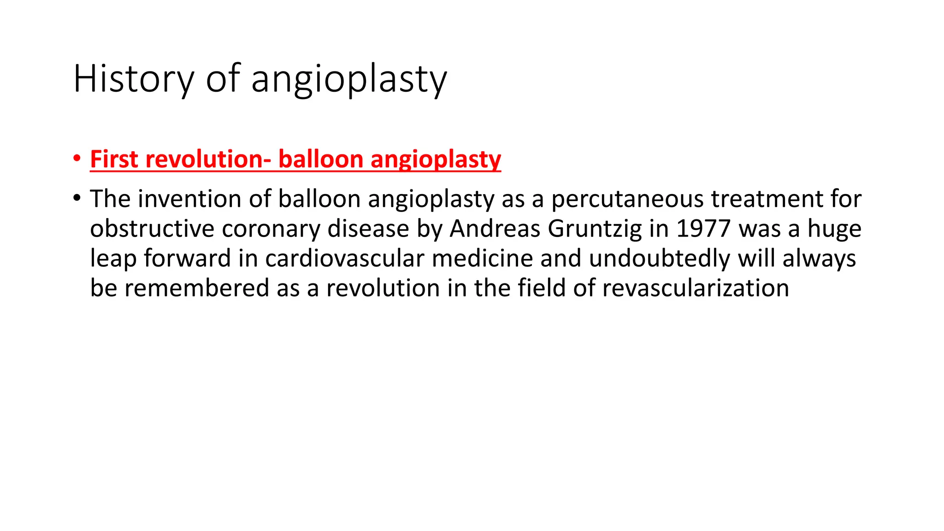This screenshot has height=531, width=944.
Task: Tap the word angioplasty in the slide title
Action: click(349, 79)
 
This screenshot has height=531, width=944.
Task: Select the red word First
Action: click(114, 159)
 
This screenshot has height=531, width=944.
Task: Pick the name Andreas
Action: click(495, 229)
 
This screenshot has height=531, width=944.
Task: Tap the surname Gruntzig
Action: click(595, 229)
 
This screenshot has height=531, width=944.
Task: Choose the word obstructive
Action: click(152, 229)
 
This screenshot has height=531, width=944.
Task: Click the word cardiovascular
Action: click(344, 258)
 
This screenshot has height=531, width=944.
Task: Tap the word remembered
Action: click(196, 288)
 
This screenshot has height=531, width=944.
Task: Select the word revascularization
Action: click(696, 288)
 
